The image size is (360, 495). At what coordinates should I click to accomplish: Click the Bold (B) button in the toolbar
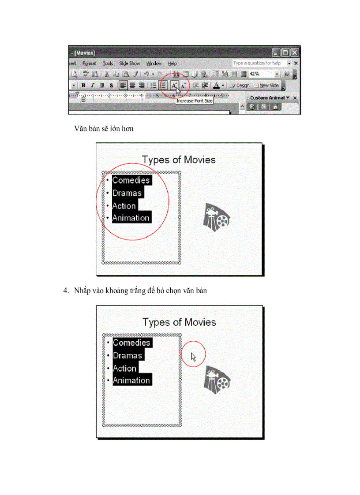point(83,86)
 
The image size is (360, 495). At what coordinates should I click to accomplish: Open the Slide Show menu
point(129,63)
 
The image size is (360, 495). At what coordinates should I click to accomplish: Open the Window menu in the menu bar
point(154,63)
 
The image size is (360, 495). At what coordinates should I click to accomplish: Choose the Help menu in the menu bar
point(172,63)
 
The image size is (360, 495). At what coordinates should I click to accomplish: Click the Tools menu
point(108,63)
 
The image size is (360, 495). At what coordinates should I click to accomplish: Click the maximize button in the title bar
point(285,52)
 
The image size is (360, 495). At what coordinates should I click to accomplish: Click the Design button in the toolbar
point(240,86)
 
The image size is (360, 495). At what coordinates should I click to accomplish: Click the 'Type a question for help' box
point(259,63)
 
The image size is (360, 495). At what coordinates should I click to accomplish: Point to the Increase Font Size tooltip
point(195,101)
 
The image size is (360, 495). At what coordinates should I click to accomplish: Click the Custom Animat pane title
point(267,97)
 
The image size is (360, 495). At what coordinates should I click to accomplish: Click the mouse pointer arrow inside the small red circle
point(193,356)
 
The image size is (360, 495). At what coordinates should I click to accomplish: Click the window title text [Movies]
point(85,52)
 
